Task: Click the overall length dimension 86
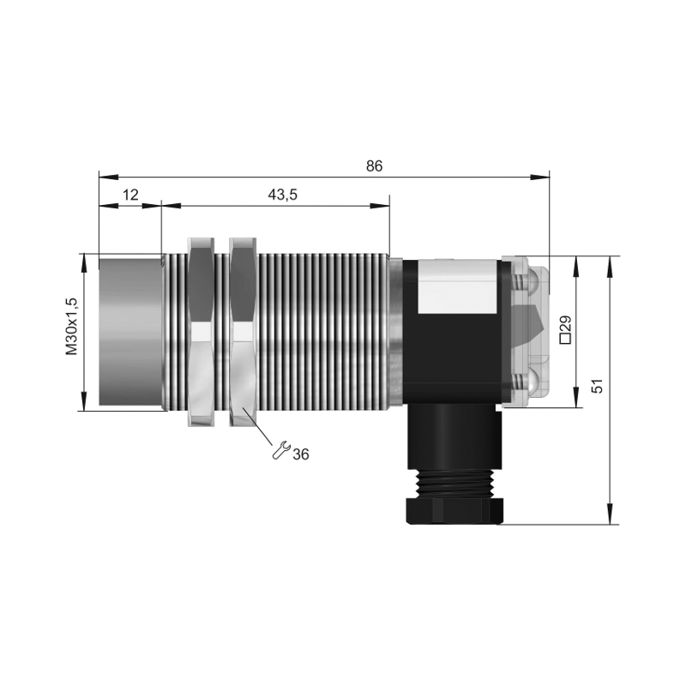point(374,165)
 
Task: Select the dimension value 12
point(130,195)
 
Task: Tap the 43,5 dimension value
point(282,195)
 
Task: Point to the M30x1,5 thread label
point(71,327)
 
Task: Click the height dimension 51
point(597,386)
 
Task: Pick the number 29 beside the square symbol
point(565,323)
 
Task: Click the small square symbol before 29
point(565,339)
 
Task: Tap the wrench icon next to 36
point(281,449)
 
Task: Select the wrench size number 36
point(301,454)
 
